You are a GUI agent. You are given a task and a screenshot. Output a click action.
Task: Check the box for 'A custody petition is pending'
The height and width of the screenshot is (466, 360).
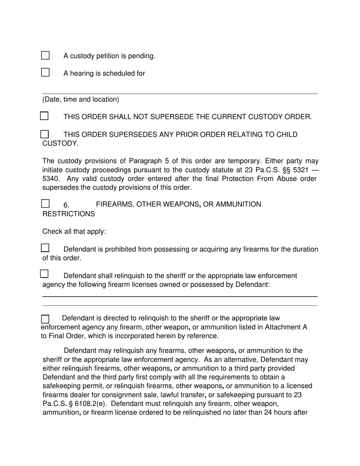tap(45, 55)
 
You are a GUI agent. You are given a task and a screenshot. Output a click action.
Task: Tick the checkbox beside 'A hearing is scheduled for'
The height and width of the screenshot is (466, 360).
tap(45, 72)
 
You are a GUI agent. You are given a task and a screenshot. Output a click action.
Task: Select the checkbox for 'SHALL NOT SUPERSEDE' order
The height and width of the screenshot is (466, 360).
tap(44, 116)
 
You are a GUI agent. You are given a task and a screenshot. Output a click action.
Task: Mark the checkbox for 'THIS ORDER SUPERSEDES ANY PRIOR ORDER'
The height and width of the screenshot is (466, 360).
tap(44, 134)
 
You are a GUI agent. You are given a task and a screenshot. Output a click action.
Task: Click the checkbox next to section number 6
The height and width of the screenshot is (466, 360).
tap(45, 203)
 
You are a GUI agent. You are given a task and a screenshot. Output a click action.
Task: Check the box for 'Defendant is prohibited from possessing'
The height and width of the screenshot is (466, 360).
tap(45, 248)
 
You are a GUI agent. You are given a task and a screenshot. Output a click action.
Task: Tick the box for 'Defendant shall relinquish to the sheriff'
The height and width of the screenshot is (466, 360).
tap(44, 274)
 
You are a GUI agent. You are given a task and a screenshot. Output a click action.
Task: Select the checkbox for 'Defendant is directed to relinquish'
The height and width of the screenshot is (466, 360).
tap(45, 319)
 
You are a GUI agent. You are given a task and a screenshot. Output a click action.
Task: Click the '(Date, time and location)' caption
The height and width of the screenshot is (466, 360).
tap(81, 100)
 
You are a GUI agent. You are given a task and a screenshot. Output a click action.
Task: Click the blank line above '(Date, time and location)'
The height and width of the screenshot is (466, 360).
tap(180, 93)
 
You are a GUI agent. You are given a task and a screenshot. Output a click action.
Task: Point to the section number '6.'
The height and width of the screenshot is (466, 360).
tap(66, 205)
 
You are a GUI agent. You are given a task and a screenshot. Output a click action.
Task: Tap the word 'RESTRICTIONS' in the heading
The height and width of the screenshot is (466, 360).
tap(69, 214)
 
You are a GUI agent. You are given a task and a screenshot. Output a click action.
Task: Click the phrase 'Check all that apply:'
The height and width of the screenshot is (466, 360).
tap(74, 231)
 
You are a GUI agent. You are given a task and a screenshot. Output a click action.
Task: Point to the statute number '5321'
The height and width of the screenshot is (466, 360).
tap(300, 170)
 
